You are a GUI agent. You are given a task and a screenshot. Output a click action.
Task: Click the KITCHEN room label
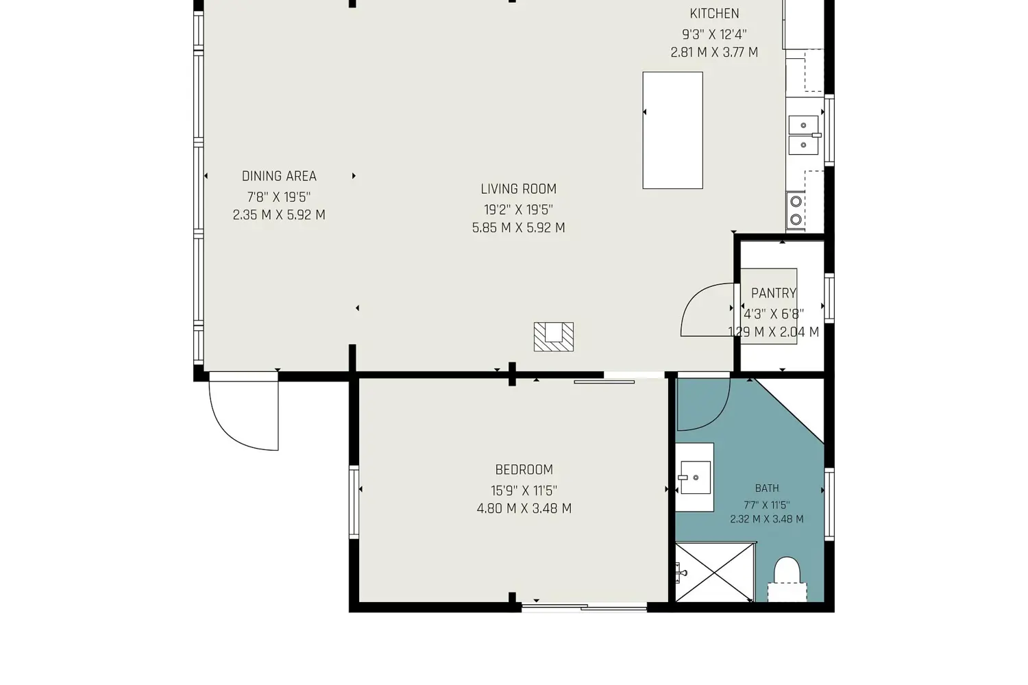coord(714,14)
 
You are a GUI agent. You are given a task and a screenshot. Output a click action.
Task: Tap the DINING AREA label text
coord(279,176)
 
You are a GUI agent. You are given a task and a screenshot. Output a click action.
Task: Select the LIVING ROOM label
coord(519,189)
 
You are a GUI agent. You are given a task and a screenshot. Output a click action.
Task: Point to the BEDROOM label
coord(524,470)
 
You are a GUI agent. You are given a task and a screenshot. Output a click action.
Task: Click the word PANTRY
coord(774,293)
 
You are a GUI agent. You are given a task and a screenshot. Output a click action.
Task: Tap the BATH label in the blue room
coord(767,488)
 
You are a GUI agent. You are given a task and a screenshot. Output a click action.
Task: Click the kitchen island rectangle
coord(672,130)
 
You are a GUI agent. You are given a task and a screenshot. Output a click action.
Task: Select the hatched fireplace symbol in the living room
coord(554,337)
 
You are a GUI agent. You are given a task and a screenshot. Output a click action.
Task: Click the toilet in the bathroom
coord(787,580)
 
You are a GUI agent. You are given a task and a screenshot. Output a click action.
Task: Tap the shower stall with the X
coord(715,572)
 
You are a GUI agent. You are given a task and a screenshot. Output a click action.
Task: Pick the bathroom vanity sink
coord(695,477)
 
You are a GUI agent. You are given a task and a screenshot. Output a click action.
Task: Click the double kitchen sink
coord(804,135)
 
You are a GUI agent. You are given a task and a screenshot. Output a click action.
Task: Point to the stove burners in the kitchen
coord(796,210)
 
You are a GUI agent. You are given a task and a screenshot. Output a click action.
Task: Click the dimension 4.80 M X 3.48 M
coord(524,509)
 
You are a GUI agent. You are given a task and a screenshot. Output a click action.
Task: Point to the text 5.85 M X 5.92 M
coord(519,228)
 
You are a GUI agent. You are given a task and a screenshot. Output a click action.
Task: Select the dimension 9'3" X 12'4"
coord(714,34)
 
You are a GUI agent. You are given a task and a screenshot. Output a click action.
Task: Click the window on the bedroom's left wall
coord(354,502)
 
